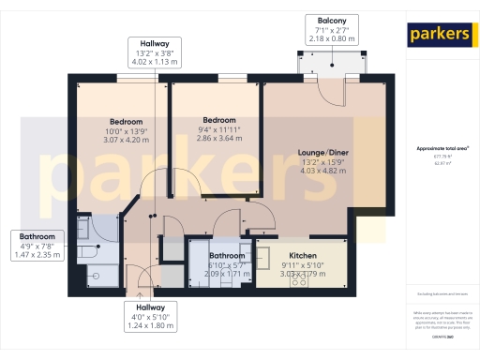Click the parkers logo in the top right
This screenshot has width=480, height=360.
click(439, 35)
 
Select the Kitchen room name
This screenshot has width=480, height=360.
click(303, 256)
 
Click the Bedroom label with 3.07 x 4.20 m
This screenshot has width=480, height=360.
click(127, 122)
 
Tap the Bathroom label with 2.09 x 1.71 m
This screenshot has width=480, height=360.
click(228, 256)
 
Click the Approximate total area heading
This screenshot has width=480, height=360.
click(442, 148)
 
